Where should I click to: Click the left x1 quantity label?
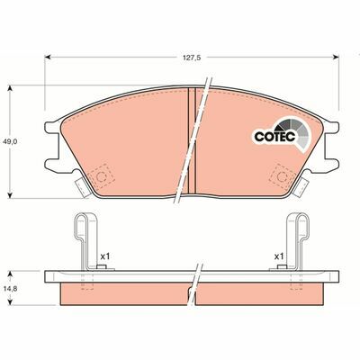click(104, 256)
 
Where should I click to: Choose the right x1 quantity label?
click(279, 256)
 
